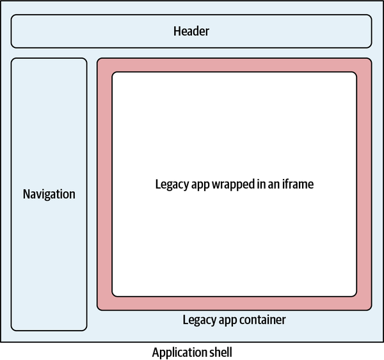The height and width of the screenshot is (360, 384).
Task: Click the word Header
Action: tap(191, 31)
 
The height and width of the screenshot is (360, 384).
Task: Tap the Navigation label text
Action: tap(49, 194)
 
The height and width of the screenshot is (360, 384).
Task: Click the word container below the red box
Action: tap(262, 319)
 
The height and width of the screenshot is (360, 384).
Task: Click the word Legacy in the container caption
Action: tap(198, 319)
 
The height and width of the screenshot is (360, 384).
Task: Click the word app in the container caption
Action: tap(226, 320)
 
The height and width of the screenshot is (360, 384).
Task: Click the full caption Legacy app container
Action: tap(234, 319)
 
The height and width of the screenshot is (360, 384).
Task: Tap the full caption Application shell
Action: tap(192, 352)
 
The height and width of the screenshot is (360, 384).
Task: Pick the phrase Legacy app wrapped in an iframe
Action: tap(234, 184)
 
